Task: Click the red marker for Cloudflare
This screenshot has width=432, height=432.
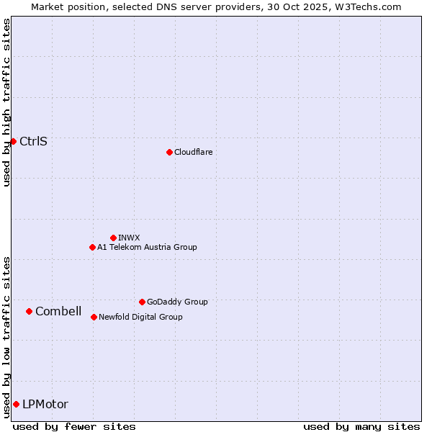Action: point(169,152)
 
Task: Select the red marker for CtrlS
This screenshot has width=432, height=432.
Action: point(13,141)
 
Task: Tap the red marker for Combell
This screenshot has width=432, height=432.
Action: point(29,311)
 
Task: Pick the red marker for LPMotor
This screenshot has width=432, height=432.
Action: point(16,404)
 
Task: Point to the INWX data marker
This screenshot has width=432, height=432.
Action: point(113,238)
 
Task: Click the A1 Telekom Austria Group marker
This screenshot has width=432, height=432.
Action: point(92,247)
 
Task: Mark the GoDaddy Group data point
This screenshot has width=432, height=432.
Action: point(142,302)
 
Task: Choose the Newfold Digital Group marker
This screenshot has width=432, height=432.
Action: point(94,317)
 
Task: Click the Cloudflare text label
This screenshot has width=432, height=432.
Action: point(193,152)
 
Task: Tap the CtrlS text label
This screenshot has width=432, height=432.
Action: point(33,141)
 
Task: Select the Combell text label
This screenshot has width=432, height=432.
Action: point(58,311)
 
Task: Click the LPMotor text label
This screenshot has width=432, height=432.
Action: point(45,404)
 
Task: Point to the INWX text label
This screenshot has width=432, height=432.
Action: point(129,238)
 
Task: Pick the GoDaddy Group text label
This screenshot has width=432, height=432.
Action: point(177,302)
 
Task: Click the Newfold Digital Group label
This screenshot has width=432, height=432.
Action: point(140,317)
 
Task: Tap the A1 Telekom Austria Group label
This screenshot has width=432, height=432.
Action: point(147,247)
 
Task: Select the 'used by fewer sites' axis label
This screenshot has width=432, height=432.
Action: point(74,426)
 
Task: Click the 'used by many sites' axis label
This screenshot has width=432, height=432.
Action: point(361,426)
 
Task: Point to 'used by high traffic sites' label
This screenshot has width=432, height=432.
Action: point(6,102)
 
